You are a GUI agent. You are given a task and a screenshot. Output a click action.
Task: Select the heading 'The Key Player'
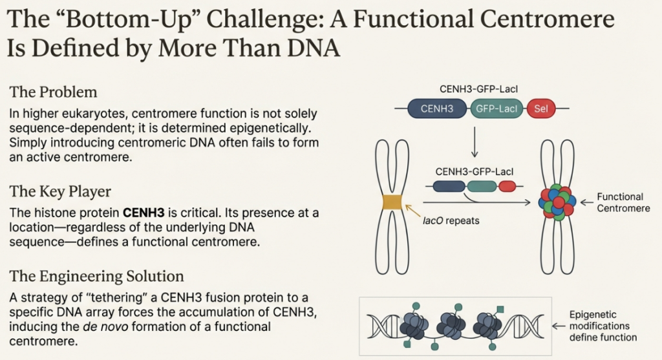coord(60,191)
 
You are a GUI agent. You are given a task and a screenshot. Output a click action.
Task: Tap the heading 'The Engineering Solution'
coord(96,277)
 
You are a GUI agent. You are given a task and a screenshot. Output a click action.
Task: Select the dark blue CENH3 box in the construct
coord(436,109)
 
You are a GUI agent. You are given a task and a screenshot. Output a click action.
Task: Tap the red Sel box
coord(541,109)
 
